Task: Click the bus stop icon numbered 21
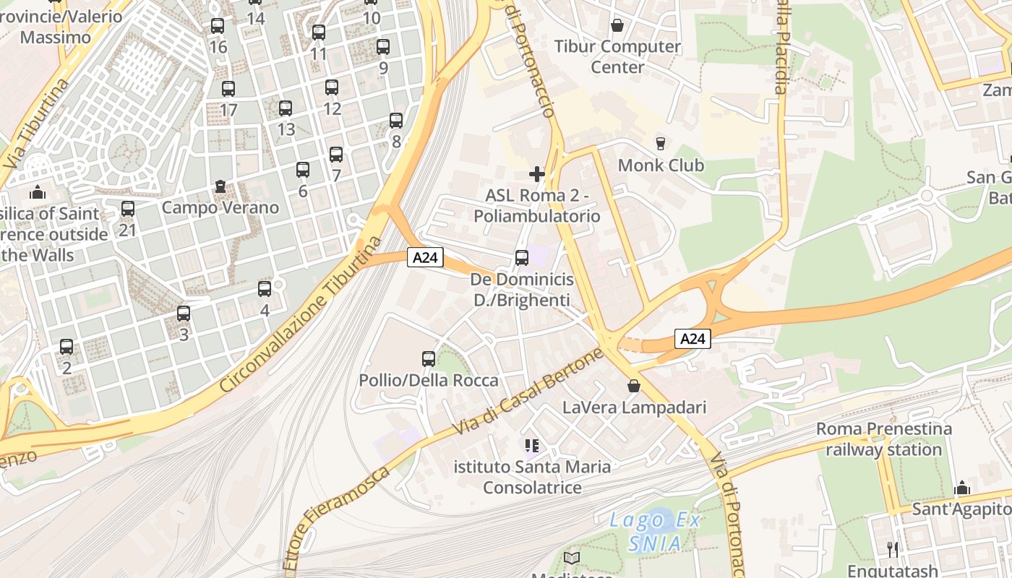point(128,209)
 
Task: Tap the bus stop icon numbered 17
point(228,89)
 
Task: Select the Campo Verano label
point(220,207)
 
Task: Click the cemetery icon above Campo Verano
point(220,186)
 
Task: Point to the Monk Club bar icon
point(660,143)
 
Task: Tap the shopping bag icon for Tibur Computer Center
point(617,25)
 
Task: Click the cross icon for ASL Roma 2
point(536,173)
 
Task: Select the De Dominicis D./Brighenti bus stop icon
point(521,257)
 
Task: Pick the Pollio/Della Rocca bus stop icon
point(429,358)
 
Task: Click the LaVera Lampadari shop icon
point(634,386)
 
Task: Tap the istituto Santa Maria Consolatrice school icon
point(532,446)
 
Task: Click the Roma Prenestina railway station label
point(883,439)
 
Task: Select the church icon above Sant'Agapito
point(961,488)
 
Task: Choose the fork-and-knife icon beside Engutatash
point(893,549)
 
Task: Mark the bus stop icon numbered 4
point(265,289)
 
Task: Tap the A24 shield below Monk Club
point(693,338)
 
